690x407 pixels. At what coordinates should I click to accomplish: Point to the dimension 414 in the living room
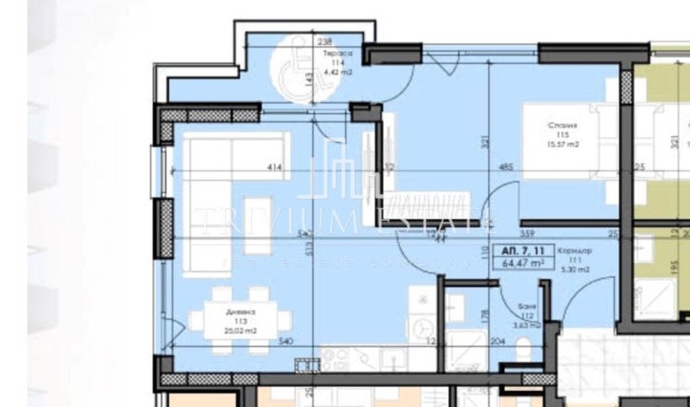click(275, 167)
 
